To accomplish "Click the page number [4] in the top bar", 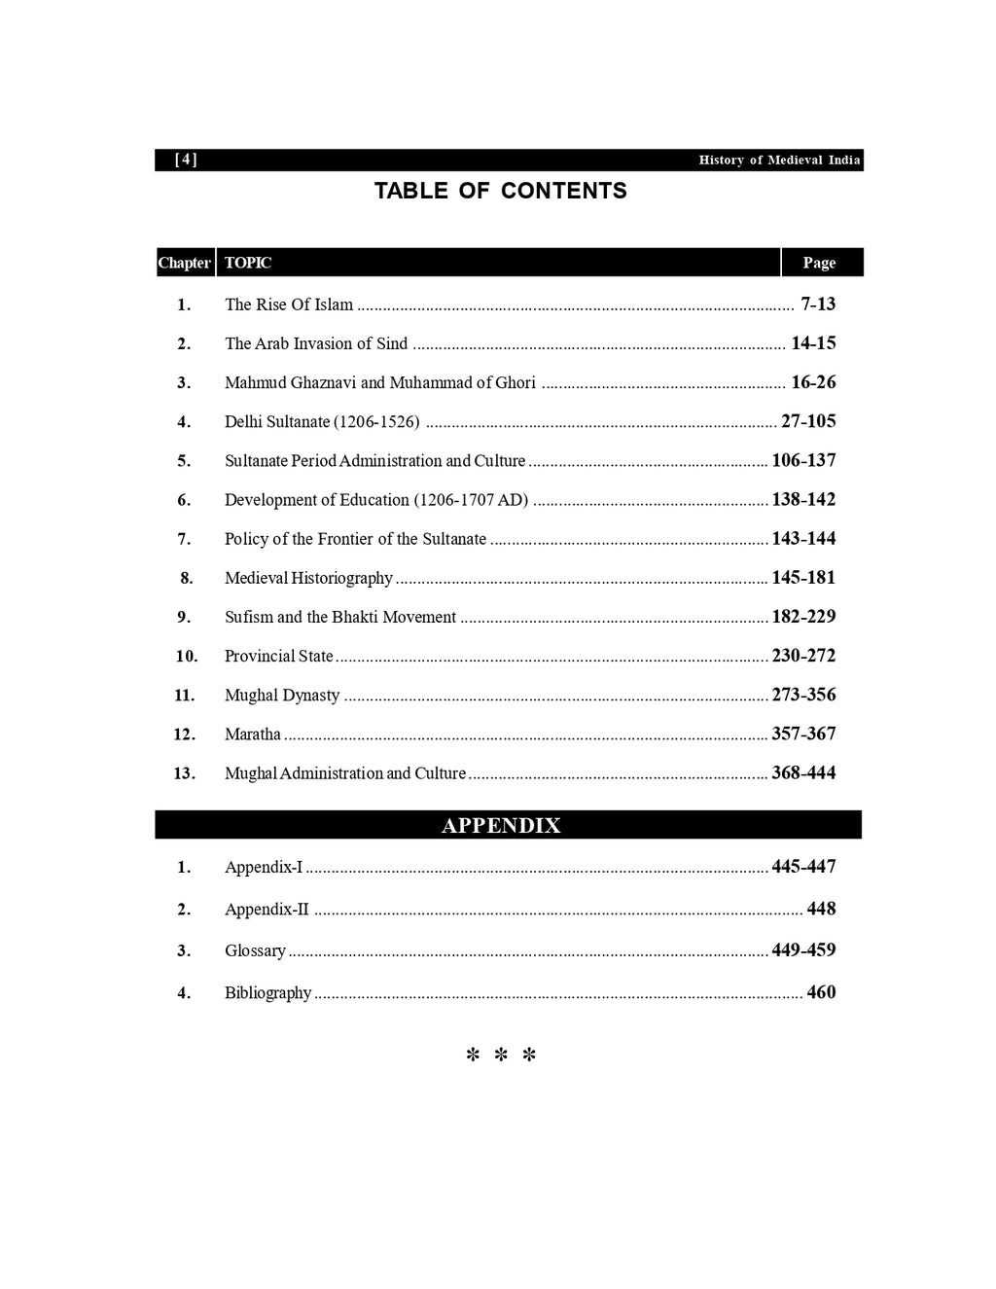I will coord(186,160).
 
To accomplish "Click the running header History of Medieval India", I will coord(779,161).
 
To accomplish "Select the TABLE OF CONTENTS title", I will coord(500,191).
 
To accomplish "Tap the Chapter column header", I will coord(184,263).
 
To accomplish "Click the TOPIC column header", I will coord(248,263).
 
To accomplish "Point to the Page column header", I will coord(819,263).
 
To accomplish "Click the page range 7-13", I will coord(818,304).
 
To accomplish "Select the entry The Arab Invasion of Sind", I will coord(316,343).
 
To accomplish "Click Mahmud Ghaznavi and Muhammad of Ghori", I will coord(379,382).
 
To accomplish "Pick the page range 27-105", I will coord(808,421).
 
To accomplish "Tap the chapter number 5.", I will coord(184,461).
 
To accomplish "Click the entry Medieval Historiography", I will coord(308,578).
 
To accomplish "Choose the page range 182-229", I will coord(803,617).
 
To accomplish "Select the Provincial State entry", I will coord(279,656).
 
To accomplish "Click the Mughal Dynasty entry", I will coord(282,696).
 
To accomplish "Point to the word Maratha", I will coord(253,734).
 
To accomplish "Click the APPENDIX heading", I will coord(501,826).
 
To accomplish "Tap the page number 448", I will coord(821,909).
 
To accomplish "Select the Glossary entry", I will coord(255,950).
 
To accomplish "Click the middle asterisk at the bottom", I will coord(501,1056).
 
